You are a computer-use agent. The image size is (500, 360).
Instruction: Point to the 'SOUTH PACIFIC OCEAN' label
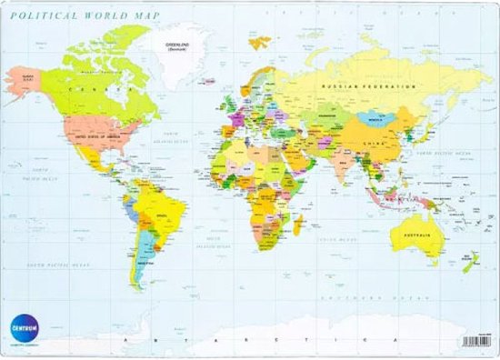(59, 264)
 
